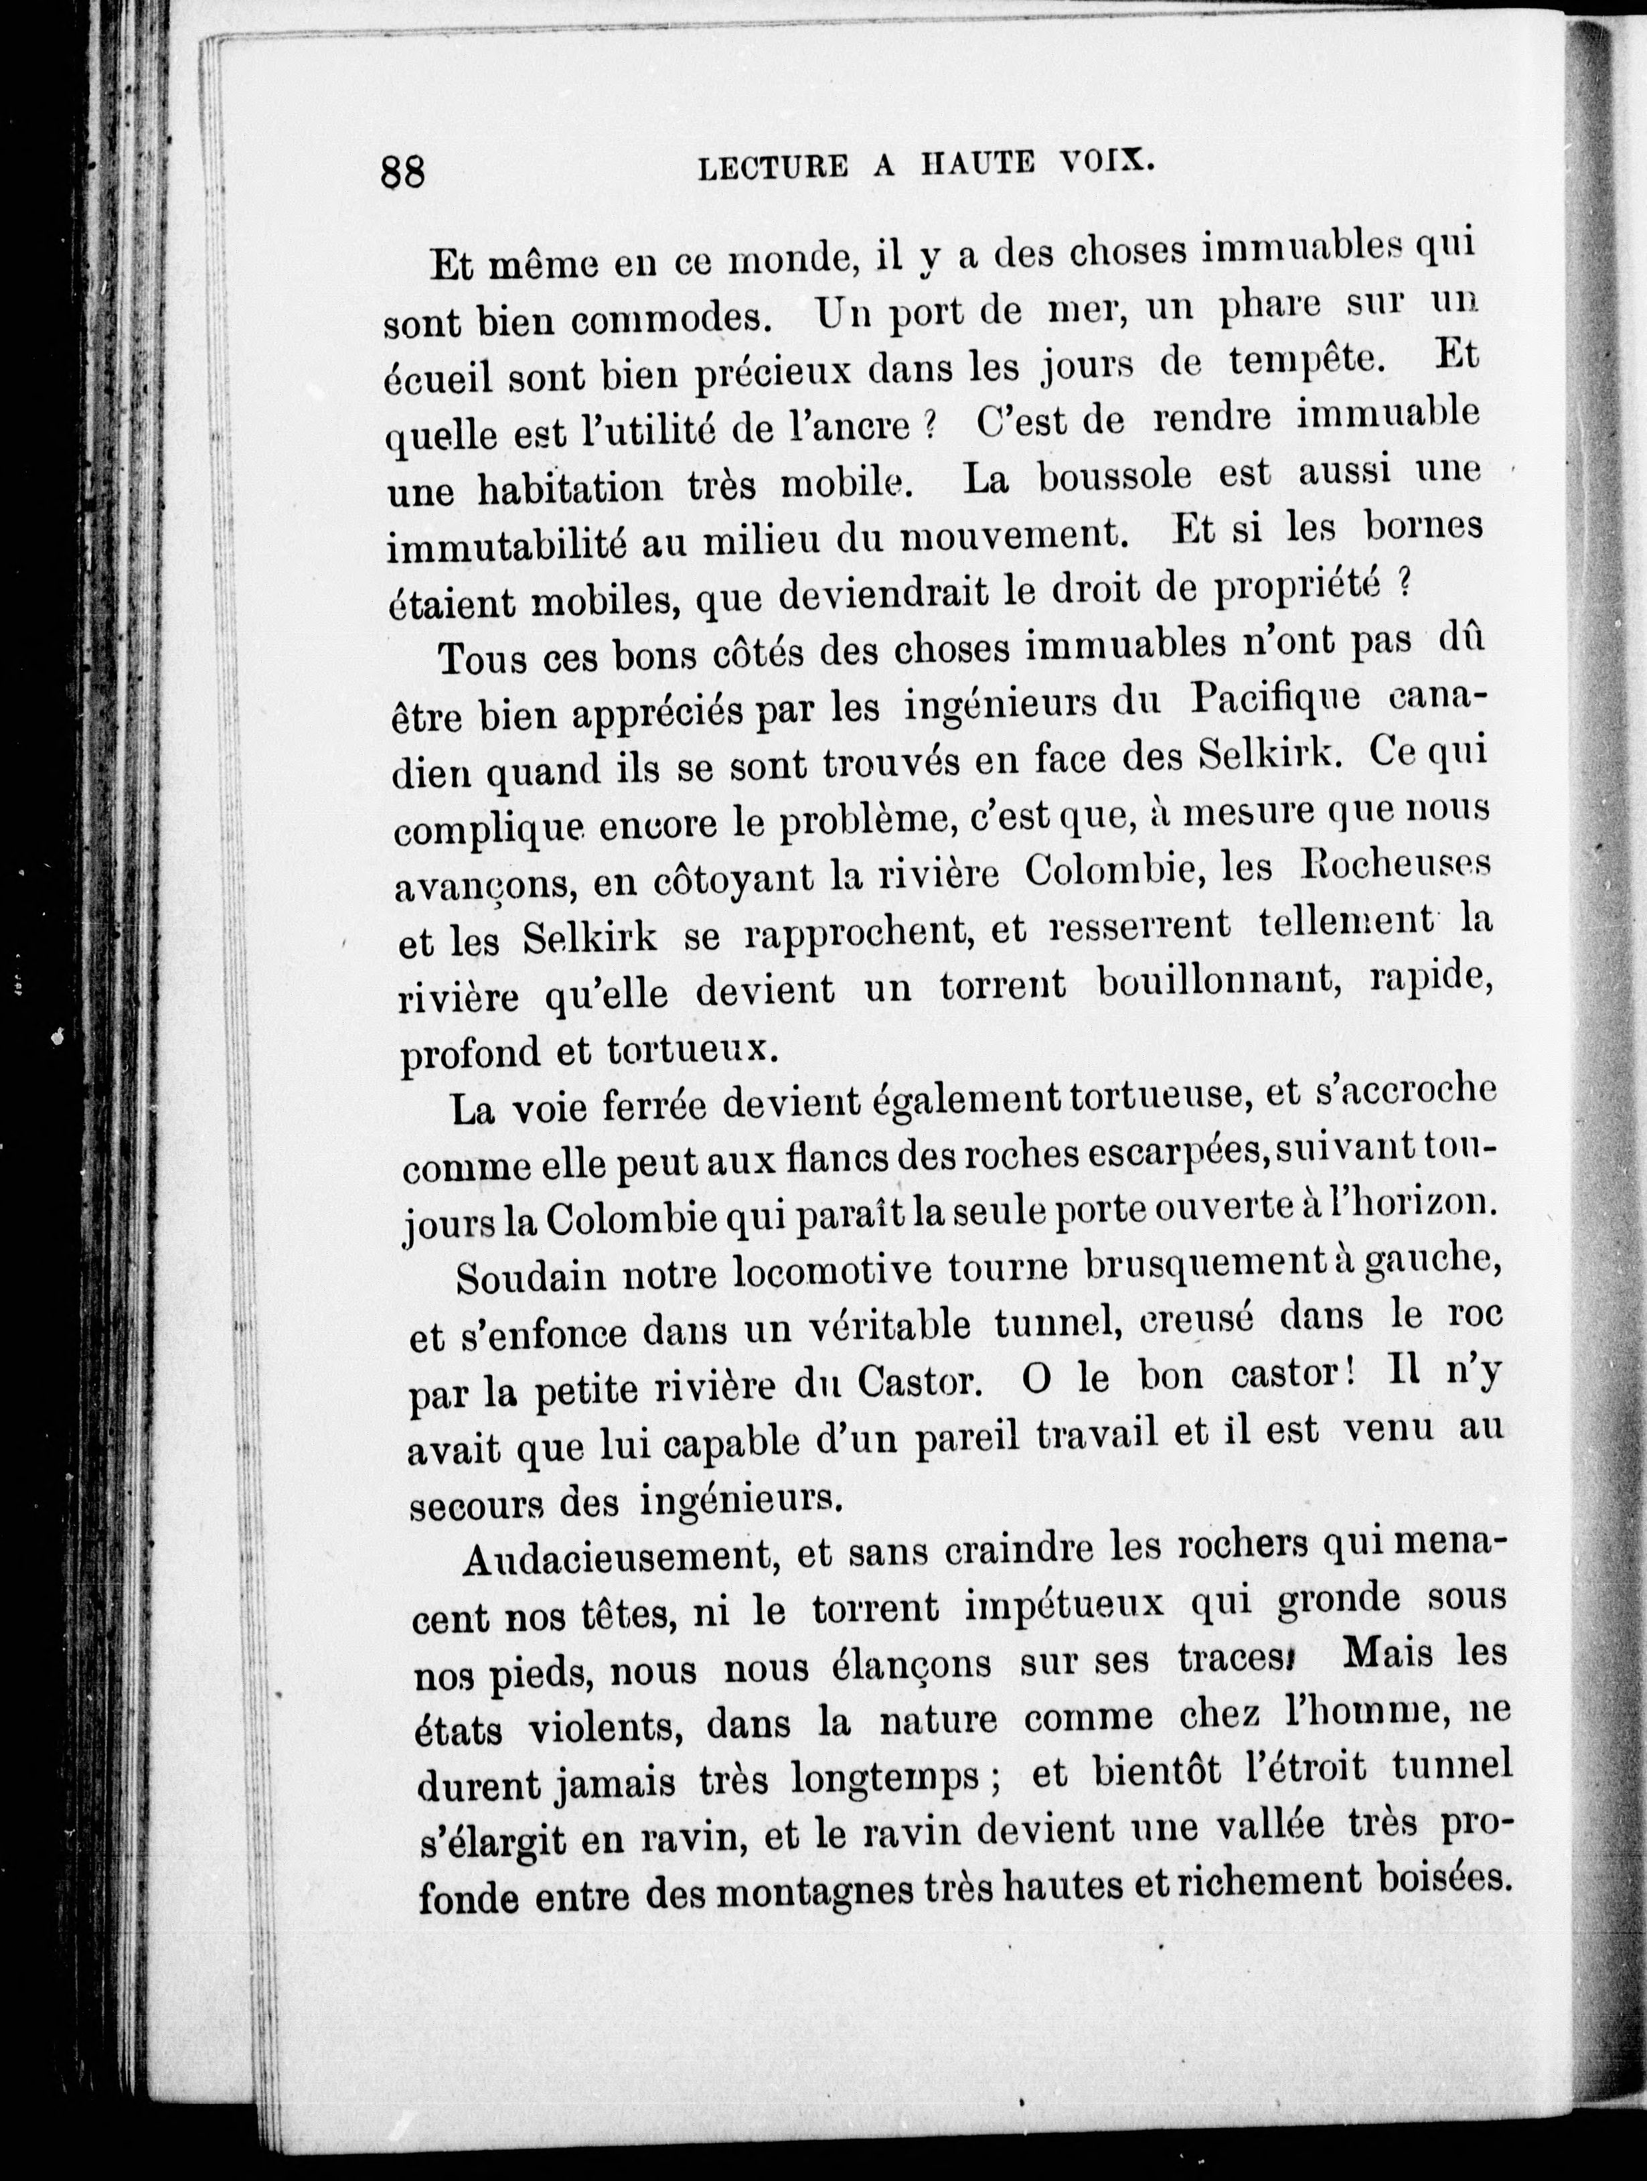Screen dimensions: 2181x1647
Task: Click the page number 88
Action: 402,171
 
